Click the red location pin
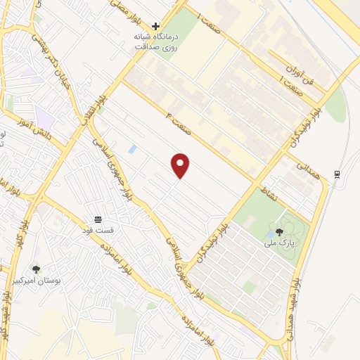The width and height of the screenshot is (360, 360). coord(181,165)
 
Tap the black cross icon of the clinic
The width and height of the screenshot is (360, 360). coord(155,26)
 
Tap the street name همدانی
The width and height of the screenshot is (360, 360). coord(308,171)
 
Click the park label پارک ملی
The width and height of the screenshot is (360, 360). coord(279,243)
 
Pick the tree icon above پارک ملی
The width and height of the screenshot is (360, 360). coord(279,232)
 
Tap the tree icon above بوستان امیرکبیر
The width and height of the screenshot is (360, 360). coord(36,269)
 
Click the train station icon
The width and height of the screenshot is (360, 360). coord(337,174)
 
